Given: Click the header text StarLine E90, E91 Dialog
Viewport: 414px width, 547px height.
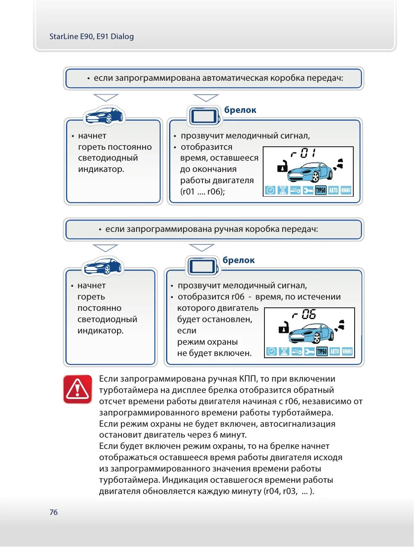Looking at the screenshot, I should pyautogui.click(x=91, y=36).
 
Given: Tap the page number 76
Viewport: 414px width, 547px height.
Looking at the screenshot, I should pyautogui.click(x=53, y=512).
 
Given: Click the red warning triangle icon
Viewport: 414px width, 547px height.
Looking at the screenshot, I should pyautogui.click(x=78, y=389).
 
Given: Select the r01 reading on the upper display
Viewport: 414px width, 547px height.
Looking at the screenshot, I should pyautogui.click(x=303, y=153).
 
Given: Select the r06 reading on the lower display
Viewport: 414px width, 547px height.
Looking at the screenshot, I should pyautogui.click(x=304, y=314).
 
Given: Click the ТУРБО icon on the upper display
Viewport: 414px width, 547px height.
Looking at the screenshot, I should pyautogui.click(x=320, y=190).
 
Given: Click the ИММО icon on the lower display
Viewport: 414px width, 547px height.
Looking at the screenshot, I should pyautogui.click(x=347, y=351).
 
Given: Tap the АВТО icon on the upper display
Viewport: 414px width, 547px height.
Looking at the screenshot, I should pyautogui.click(x=333, y=190).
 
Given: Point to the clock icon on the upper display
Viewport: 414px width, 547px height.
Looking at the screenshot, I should pyautogui.click(x=270, y=190).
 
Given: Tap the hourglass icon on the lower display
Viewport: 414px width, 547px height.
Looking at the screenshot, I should pyautogui.click(x=284, y=351).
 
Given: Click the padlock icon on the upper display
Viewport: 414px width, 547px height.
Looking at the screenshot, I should pyautogui.click(x=282, y=166).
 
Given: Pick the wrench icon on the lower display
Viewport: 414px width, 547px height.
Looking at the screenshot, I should pyautogui.click(x=309, y=351).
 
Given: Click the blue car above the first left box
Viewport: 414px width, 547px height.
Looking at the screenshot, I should pyautogui.click(x=104, y=115).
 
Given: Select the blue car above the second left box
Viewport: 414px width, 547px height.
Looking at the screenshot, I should pyautogui.click(x=103, y=266).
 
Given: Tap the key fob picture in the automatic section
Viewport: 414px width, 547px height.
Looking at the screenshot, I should pyautogui.click(x=204, y=116).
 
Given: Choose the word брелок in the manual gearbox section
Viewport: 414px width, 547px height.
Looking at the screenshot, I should pyautogui.click(x=238, y=260).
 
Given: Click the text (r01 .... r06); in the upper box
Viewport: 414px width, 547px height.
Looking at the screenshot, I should pyautogui.click(x=202, y=192).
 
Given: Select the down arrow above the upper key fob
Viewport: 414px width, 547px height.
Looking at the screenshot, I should pyautogui.click(x=206, y=98).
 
